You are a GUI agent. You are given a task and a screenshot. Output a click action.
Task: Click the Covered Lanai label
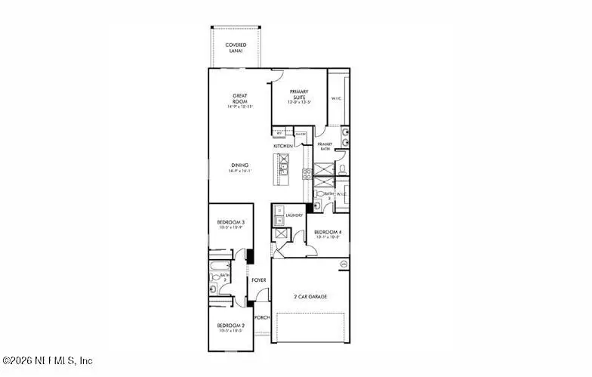tap(236, 48)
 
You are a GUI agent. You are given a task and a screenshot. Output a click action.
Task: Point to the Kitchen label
tap(283, 146)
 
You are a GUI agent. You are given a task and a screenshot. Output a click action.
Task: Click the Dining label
tap(240, 167)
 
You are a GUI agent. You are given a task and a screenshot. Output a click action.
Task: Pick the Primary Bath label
tap(325, 147)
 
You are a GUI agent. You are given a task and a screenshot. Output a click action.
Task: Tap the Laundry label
tap(294, 215)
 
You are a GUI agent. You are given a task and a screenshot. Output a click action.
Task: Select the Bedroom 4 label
tap(327, 233)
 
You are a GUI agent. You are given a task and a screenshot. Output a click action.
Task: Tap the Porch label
tap(262, 317)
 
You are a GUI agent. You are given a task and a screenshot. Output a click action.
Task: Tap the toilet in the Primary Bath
tap(341, 168)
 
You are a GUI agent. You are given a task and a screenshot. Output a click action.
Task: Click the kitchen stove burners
tap(307, 173)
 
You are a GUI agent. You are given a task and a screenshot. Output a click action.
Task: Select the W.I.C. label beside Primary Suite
tap(336, 97)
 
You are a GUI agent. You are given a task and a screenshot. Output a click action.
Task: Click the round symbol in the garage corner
tap(344, 264)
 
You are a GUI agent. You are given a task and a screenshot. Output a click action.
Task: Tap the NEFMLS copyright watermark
tap(47, 361)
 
